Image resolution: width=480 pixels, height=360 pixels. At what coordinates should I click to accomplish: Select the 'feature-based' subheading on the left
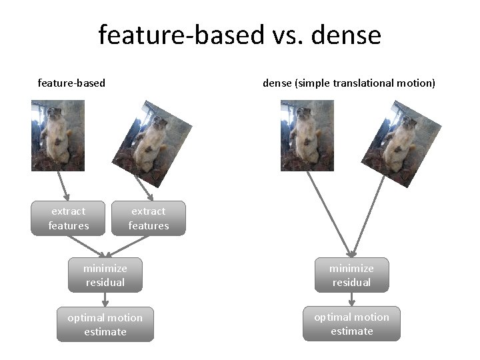click(71, 83)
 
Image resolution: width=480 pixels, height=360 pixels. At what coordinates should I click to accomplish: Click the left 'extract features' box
click(68, 218)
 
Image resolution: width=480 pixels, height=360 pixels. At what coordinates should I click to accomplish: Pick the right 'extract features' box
click(149, 218)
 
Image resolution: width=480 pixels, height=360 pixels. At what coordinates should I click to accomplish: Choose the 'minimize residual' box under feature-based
click(105, 275)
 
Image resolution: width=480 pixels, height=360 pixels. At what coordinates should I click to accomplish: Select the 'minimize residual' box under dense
click(351, 275)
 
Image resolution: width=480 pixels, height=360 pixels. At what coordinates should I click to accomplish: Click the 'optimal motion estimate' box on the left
click(105, 324)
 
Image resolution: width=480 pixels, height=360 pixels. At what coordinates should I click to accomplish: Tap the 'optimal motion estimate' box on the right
click(351, 324)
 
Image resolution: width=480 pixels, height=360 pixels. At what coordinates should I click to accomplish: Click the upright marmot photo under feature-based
click(58, 135)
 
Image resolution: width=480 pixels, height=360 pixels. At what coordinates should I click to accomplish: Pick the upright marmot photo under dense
click(307, 135)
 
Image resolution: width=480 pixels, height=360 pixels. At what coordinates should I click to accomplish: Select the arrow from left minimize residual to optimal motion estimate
click(105, 300)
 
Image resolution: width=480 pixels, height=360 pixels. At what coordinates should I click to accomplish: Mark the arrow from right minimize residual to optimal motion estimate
click(351, 300)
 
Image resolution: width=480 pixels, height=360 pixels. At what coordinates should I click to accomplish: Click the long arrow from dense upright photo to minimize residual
click(329, 213)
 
